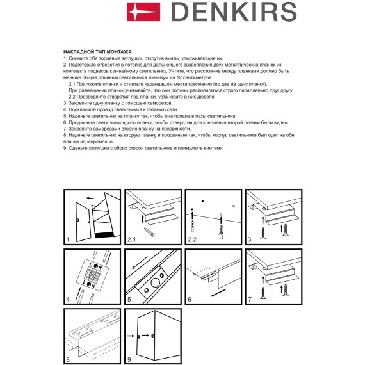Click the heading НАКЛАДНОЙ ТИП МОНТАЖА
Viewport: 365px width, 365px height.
coord(98,51)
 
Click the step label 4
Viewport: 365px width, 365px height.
coord(68,299)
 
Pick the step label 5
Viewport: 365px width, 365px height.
coord(128,299)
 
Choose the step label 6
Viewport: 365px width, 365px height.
coord(189,299)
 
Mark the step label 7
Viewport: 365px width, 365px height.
coord(249,299)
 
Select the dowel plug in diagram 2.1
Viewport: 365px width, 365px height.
coord(149,229)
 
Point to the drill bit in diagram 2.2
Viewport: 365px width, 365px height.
coord(221,229)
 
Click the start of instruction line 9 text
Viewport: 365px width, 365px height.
coord(67,148)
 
